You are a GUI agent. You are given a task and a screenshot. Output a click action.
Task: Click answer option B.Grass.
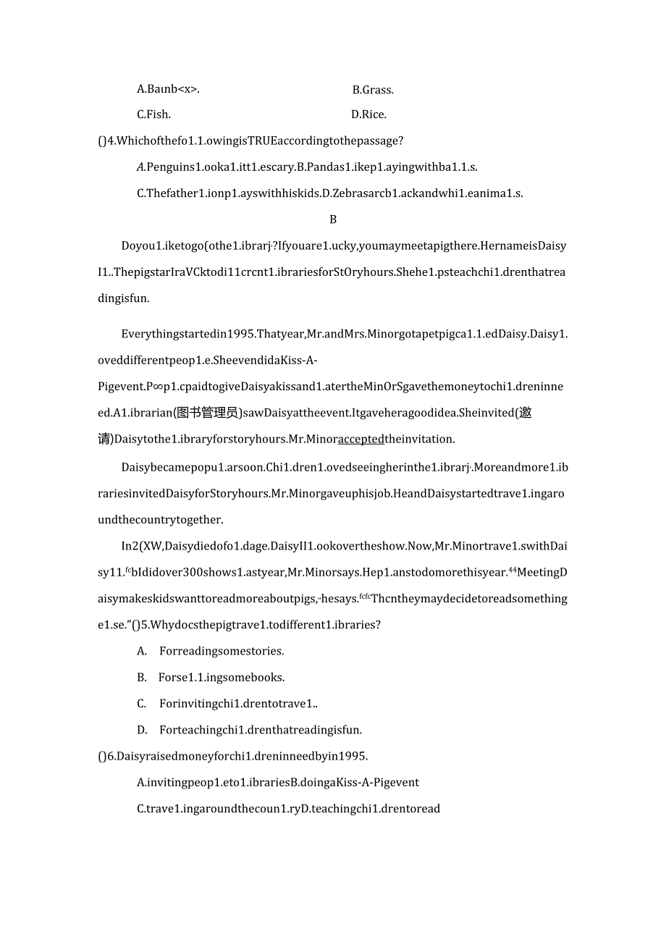click(373, 91)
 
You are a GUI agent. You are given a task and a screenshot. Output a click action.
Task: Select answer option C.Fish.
click(153, 114)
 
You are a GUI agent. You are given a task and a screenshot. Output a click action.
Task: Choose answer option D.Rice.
click(368, 114)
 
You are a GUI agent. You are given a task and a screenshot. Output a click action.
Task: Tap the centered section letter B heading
click(333, 219)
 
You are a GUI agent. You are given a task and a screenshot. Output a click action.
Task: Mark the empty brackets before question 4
click(102, 140)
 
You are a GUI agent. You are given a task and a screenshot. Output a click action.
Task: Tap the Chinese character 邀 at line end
click(526, 413)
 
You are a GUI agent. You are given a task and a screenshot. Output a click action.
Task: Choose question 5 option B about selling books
click(221, 678)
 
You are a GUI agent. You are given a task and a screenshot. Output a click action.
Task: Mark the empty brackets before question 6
click(102, 756)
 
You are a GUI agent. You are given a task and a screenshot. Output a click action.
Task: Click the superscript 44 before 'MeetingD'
click(511, 569)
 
